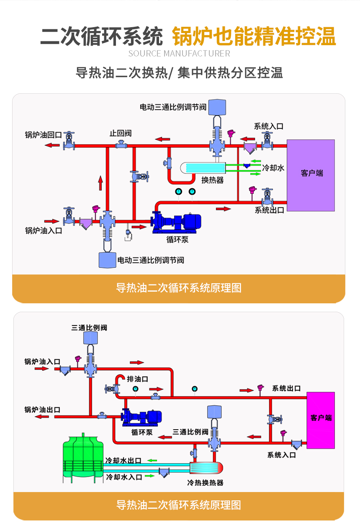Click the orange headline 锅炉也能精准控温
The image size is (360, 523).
(254, 37)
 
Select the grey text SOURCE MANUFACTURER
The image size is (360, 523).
(179, 54)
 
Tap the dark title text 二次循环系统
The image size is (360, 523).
(101, 37)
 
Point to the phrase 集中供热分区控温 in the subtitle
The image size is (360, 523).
(230, 73)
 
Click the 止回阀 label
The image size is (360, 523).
(121, 133)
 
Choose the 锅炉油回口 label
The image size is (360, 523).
(43, 135)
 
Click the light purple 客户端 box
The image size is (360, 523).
(311, 175)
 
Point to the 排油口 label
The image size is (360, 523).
(138, 379)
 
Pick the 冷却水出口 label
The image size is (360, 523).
(123, 461)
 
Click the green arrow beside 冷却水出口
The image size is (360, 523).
(151, 461)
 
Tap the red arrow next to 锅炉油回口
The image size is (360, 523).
(52, 145)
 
